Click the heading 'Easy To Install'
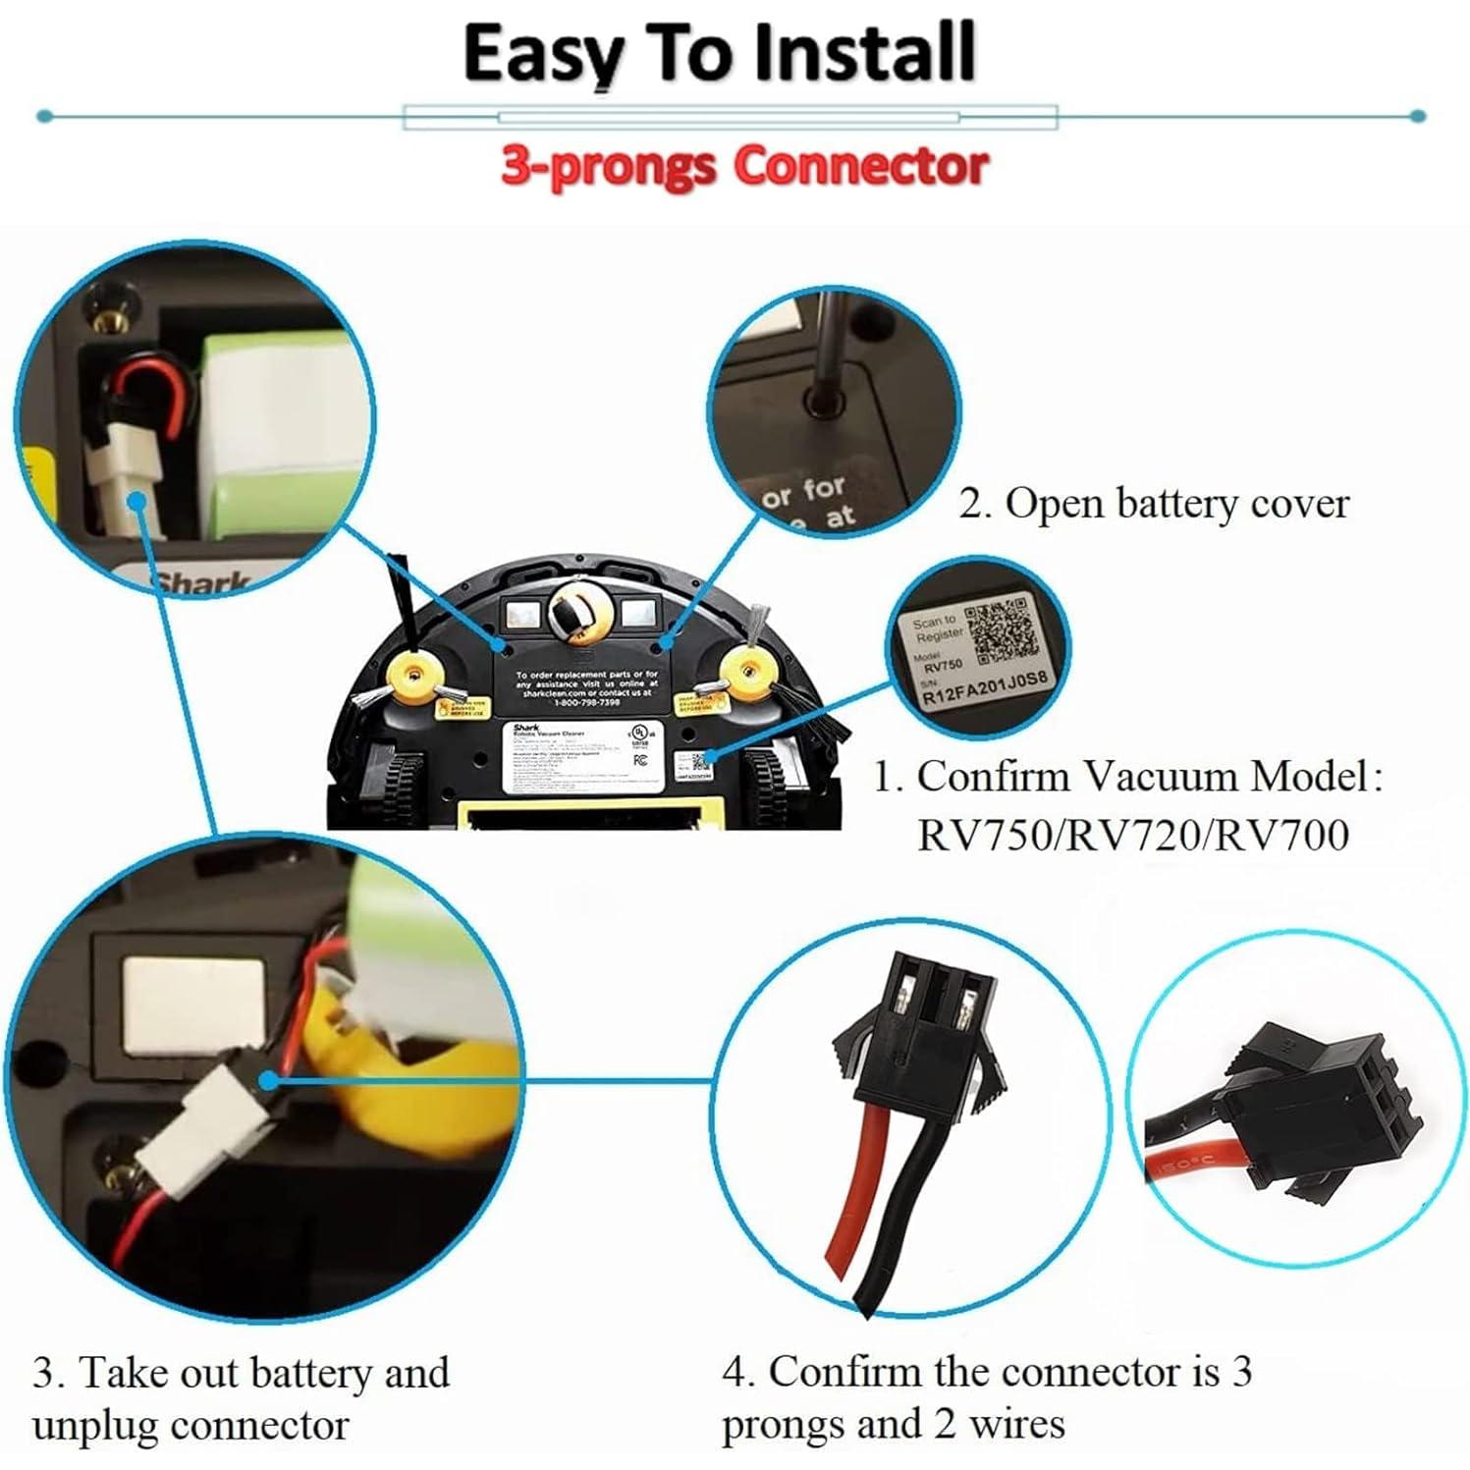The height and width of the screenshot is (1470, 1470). coord(719,53)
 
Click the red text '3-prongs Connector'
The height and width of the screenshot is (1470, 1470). coord(743,165)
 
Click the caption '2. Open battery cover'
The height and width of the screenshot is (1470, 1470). coord(1153,504)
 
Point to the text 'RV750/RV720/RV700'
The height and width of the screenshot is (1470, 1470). coord(1132,836)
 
